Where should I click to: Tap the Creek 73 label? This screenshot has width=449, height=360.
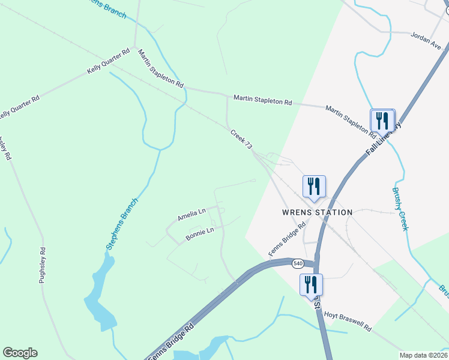[240, 139]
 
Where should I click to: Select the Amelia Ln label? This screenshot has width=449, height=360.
[191, 214]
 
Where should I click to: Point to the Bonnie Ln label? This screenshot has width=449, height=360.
[200, 233]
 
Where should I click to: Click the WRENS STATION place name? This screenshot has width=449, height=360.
[317, 212]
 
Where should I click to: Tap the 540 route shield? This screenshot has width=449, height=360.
[298, 263]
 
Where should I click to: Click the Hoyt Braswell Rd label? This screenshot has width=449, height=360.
[348, 321]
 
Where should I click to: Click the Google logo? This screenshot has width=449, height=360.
[20, 353]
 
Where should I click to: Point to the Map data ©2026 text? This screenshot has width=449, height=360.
[424, 355]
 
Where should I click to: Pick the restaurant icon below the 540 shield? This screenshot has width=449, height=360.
[311, 284]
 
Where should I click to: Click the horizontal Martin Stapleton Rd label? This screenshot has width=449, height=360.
[262, 99]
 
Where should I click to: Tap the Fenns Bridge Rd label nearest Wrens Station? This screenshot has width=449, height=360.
[288, 239]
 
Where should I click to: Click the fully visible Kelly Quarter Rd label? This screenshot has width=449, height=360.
[109, 62]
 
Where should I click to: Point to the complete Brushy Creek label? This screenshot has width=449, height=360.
[400, 209]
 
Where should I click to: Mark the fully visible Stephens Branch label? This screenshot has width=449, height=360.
[122, 224]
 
